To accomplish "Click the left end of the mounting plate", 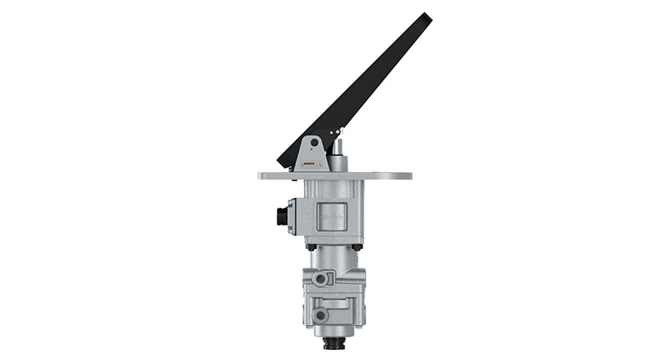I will click(262, 176).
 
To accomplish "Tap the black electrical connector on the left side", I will click(281, 216).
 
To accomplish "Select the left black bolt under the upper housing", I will click(311, 246).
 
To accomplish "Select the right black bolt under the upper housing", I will click(357, 246).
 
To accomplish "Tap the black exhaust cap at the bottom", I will click(335, 343).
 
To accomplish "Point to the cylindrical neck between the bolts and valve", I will click(334, 258).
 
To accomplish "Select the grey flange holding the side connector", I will click(291, 216).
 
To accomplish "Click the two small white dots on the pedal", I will click(336, 131).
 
